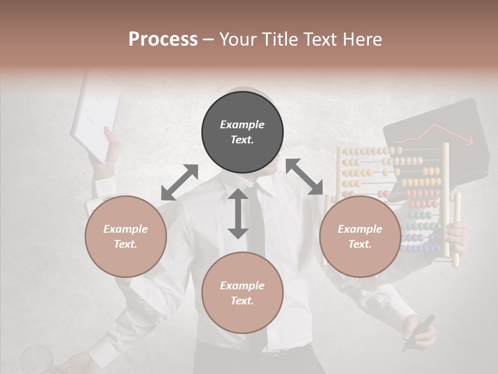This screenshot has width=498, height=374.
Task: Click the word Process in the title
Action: (163, 39)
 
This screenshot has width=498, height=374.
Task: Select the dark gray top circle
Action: (242, 132)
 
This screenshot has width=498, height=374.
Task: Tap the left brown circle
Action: (126, 236)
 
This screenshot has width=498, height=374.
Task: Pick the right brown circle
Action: (360, 236)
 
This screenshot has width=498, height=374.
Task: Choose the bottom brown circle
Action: (242, 293)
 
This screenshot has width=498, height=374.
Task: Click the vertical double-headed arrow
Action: (238, 213)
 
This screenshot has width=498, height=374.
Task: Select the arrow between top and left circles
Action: (179, 182)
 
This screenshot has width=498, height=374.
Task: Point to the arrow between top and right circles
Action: (305, 177)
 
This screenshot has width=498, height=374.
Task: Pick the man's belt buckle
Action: (269, 355)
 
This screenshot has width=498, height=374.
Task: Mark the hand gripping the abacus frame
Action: (457, 236)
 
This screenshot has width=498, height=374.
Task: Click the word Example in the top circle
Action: (242, 125)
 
